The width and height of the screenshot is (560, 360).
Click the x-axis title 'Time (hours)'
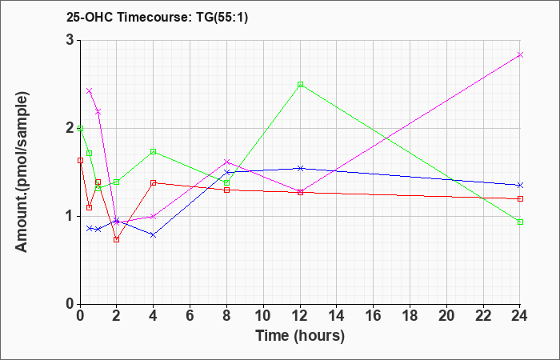point(300,335)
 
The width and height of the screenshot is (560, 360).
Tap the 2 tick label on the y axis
point(70,128)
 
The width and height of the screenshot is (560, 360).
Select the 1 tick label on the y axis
point(70,216)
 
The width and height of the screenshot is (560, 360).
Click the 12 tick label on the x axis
point(300,316)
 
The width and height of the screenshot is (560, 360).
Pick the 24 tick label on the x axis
point(521,316)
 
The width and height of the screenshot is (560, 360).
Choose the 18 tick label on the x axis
point(410,316)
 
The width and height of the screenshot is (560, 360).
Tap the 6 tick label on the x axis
point(190,316)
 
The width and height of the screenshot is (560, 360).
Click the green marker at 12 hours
point(300,84)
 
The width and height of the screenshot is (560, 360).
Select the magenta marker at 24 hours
point(521,54)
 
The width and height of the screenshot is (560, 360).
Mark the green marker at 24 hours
point(521,222)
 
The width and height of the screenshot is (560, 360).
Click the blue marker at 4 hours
point(153,234)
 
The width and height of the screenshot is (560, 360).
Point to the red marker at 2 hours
point(116,239)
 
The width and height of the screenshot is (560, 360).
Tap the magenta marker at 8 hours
point(226,162)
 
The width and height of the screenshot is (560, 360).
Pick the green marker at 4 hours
point(153,151)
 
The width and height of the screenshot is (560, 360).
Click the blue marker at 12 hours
point(300,168)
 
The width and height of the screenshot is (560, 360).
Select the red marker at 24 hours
point(521,198)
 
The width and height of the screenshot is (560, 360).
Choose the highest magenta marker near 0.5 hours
point(89,90)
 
